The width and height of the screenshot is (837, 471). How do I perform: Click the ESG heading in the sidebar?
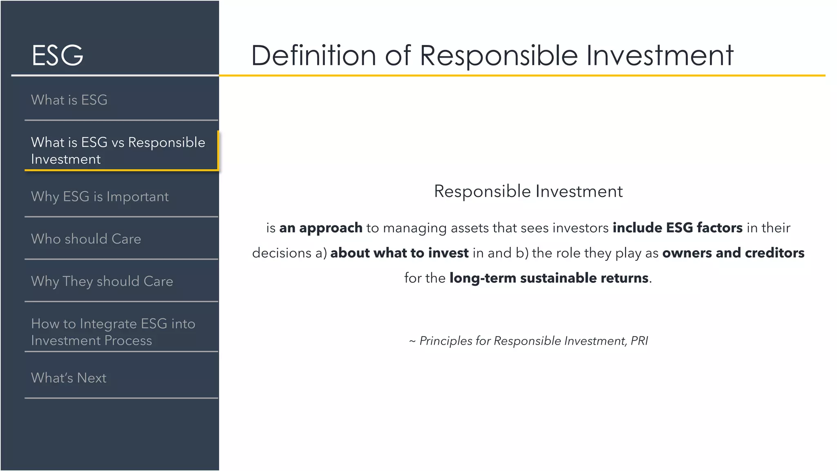(58, 55)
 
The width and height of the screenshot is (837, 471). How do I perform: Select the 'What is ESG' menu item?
(69, 100)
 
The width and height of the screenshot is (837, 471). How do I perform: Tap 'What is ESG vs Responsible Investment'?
(118, 150)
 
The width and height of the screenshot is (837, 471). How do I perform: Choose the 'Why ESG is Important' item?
(100, 197)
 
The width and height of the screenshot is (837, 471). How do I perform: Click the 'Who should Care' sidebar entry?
(86, 239)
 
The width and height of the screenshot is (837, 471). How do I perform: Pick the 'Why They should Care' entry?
(102, 282)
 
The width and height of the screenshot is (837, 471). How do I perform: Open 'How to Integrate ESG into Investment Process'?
(113, 332)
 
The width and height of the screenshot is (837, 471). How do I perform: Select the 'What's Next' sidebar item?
(69, 378)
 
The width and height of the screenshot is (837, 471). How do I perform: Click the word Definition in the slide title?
(313, 56)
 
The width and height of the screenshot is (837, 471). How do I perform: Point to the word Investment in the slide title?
(660, 56)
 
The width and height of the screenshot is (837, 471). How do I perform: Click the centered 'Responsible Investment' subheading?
(528, 191)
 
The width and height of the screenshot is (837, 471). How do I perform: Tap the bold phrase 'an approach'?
(320, 228)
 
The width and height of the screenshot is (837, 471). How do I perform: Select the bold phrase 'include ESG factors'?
(677, 228)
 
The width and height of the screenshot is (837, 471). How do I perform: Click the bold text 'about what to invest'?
(399, 253)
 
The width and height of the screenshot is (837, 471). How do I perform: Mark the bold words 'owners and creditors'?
(733, 253)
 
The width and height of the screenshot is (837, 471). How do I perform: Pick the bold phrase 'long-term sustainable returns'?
(548, 278)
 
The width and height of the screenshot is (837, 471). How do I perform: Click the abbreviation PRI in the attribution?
(639, 341)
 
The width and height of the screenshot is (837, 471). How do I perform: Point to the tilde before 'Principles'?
(412, 341)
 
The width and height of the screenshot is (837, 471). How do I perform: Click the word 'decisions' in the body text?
(282, 253)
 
